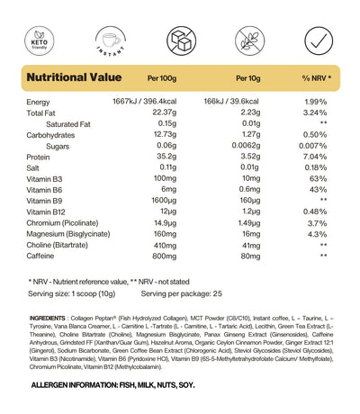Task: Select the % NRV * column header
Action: (x=316, y=78)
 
